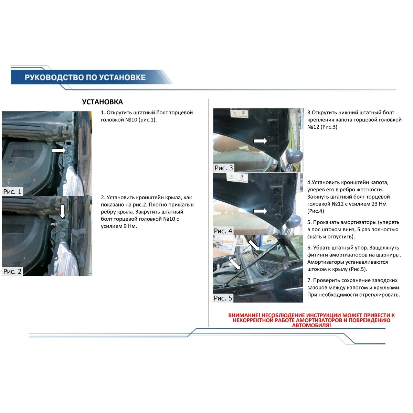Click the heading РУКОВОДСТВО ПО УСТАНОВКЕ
click(x=85, y=77)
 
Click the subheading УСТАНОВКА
click(x=103, y=102)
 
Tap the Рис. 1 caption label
click(x=12, y=192)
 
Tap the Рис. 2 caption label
click(x=12, y=271)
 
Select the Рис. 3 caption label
click(x=224, y=168)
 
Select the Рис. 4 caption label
click(x=223, y=231)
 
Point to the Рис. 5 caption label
click(x=223, y=298)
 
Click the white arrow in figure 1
click(x=59, y=150)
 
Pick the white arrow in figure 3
click(x=260, y=141)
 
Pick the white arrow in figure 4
click(x=260, y=211)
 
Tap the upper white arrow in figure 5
click(x=254, y=245)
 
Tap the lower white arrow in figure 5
click(x=235, y=264)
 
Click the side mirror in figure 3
click(x=294, y=156)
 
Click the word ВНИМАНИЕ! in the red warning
click(x=244, y=315)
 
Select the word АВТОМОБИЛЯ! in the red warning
click(x=311, y=325)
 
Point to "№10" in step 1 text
click(x=131, y=119)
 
